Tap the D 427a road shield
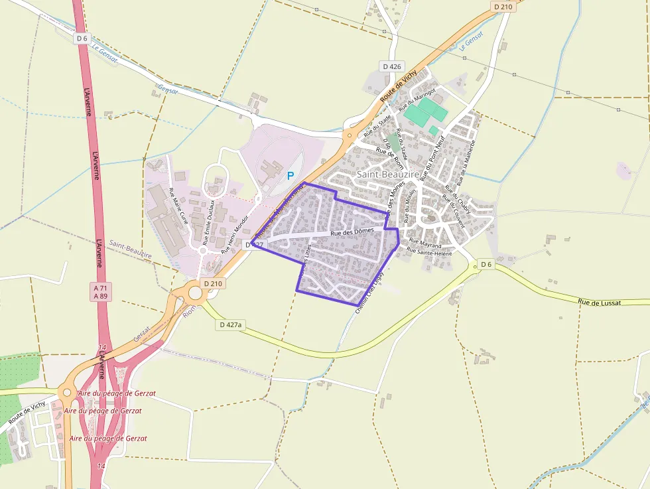point(230,324)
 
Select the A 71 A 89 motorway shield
point(101,291)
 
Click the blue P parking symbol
point(290,176)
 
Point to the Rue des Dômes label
point(352,232)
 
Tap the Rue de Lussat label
point(600,303)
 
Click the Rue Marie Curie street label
point(180,206)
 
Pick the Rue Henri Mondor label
point(235,234)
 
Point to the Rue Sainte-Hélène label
point(430,252)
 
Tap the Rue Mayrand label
point(425,244)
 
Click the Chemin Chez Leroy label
point(370,296)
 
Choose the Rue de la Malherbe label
point(464,162)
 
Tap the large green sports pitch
point(424,110)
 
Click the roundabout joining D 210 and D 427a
point(195,293)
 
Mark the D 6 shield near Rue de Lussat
point(486,265)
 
